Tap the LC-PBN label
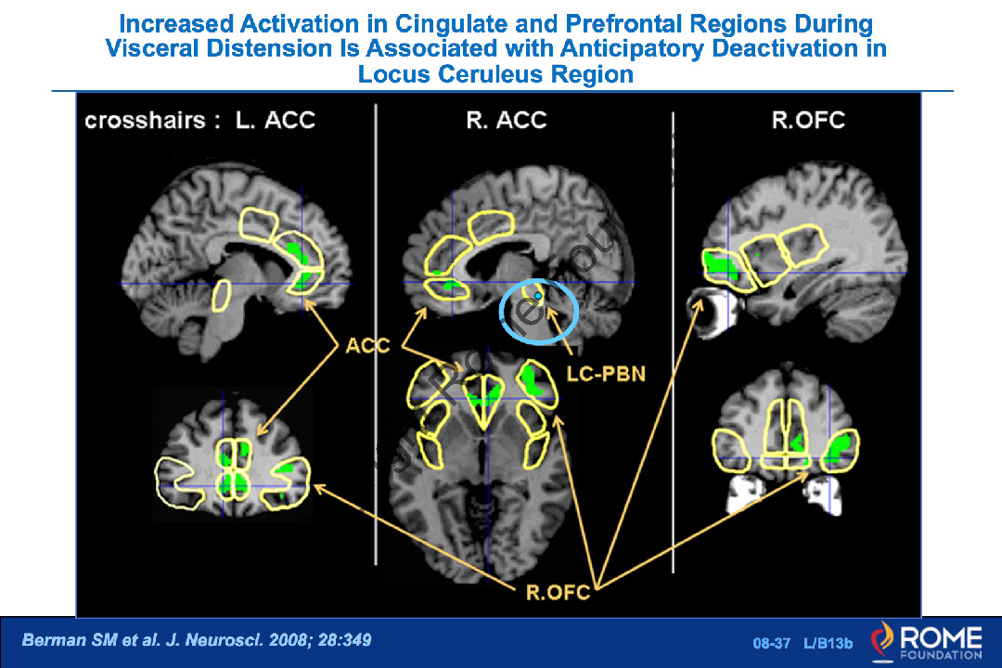(x=605, y=374)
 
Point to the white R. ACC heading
(x=507, y=120)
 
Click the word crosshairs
(x=147, y=120)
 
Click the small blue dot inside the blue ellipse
(x=538, y=294)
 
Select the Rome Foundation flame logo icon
(x=884, y=640)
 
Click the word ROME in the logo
(x=939, y=636)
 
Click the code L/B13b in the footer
(x=829, y=642)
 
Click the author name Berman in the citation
(x=52, y=640)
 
